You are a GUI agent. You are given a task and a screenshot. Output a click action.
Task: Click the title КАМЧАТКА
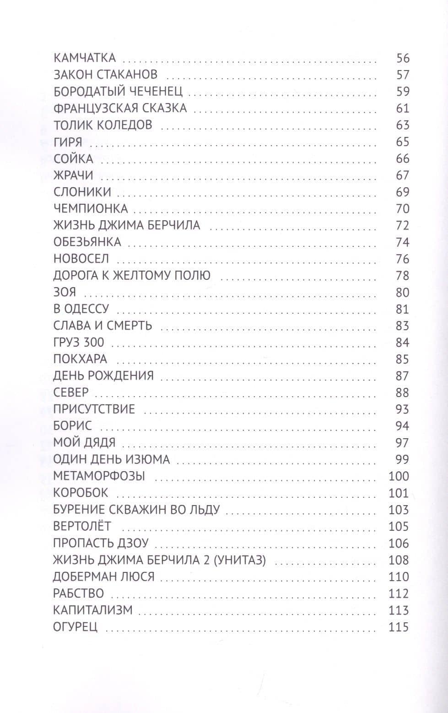pyautogui.click(x=85, y=58)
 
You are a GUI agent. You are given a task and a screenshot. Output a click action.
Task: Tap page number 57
pyautogui.click(x=402, y=75)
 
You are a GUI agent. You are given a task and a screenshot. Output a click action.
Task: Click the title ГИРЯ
pyautogui.click(x=68, y=142)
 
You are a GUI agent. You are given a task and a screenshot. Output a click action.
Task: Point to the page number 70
pyautogui.click(x=402, y=209)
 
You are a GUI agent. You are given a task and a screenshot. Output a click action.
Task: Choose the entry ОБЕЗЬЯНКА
pyautogui.click(x=87, y=242)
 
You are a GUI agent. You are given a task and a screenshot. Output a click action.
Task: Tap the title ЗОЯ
pyautogui.click(x=65, y=292)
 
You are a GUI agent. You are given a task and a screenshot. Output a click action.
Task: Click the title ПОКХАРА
pyautogui.click(x=80, y=359)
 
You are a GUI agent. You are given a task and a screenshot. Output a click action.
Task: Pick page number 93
pyautogui.click(x=402, y=409)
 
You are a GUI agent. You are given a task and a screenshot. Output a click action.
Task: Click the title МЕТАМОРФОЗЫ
pyautogui.click(x=99, y=476)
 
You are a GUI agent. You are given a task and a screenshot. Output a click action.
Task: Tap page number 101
pyautogui.click(x=398, y=493)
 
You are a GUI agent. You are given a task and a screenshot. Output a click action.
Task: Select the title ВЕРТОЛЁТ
pyautogui.click(x=82, y=527)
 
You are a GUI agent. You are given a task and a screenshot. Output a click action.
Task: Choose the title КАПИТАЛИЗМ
pyautogui.click(x=93, y=610)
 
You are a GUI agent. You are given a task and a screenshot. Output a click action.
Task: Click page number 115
pyautogui.click(x=398, y=627)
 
